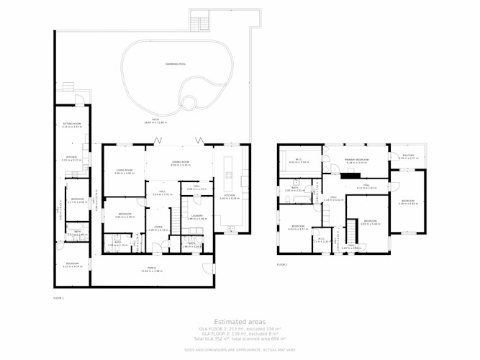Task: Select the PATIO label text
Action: click(x=155, y=120)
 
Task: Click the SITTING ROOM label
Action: click(x=72, y=125)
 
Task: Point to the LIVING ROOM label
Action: click(x=124, y=171)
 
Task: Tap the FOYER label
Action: click(x=158, y=228)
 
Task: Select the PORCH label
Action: click(x=152, y=269)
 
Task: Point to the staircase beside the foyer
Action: click(x=175, y=220)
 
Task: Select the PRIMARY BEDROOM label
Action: click(x=357, y=161)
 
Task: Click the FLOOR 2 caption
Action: click(x=282, y=265)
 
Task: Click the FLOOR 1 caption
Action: click(x=58, y=297)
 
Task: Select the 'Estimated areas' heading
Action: click(x=240, y=322)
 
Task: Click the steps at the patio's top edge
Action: click(x=199, y=20)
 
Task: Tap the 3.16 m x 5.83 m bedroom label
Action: click(x=407, y=202)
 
